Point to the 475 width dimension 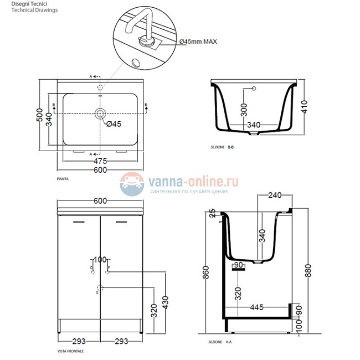click(100, 161)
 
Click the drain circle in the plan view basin click(100, 114)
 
